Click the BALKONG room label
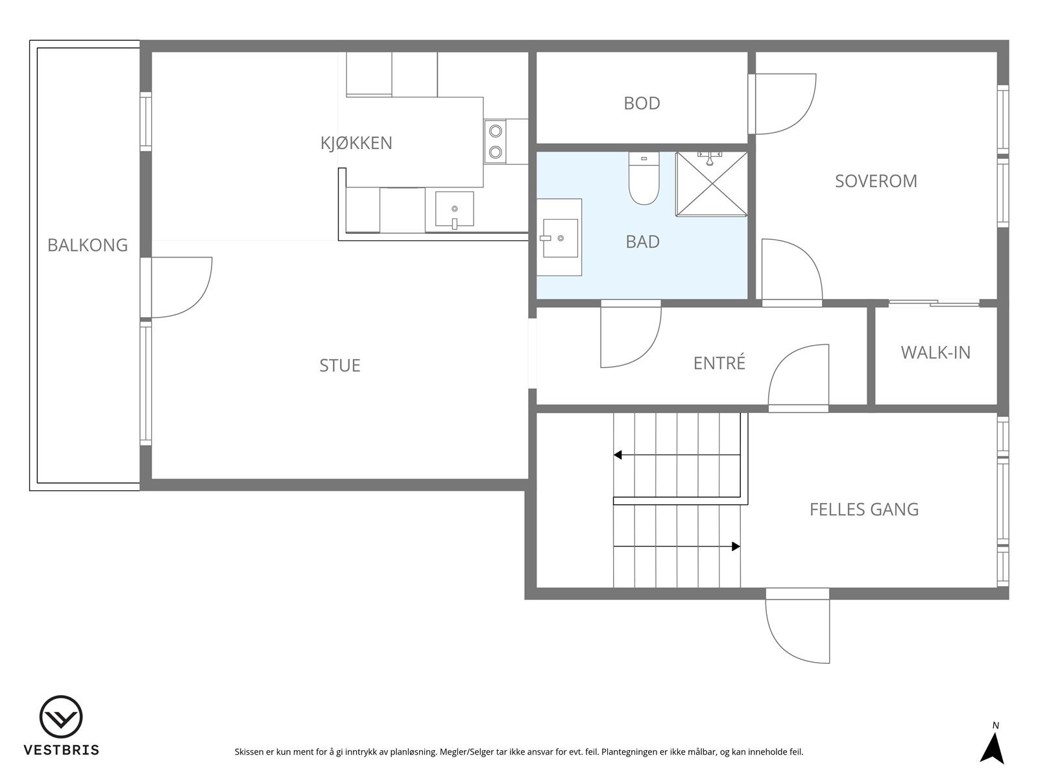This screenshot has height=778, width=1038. click(88, 245)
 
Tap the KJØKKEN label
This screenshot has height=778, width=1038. click(356, 143)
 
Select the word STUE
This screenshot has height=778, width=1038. click(339, 366)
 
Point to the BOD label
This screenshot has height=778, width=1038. click(642, 103)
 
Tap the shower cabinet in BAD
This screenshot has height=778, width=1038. click(712, 184)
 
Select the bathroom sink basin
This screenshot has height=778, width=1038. click(559, 238)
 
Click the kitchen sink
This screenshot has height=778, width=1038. click(454, 209)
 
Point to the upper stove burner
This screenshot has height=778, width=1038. click(496, 131)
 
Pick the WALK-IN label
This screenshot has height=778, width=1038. click(935, 353)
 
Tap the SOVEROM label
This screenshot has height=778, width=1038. click(876, 181)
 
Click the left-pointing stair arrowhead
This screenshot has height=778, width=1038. click(618, 455)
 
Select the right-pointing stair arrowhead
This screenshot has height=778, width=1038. click(736, 547)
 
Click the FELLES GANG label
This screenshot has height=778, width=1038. click(863, 510)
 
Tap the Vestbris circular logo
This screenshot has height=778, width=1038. click(61, 717)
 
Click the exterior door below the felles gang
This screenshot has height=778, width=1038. click(798, 626)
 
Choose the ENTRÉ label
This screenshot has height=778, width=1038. click(719, 363)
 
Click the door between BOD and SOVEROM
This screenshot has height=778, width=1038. click(782, 104)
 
